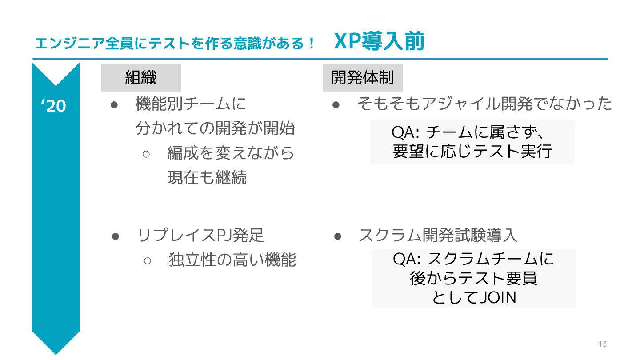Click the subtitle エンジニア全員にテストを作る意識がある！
tap(175, 44)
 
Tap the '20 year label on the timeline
tap(54, 106)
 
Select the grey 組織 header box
tap(141, 78)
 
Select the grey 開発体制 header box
tap(362, 78)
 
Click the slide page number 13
tap(603, 344)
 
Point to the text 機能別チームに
tap(191, 104)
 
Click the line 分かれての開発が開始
tap(215, 128)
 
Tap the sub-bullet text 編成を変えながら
tap(231, 153)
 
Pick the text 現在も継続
tap(207, 177)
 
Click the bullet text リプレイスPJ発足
tap(201, 235)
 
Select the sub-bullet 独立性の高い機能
tap(232, 260)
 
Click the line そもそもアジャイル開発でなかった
tap(484, 104)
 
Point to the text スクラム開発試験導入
tap(438, 235)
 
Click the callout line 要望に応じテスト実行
tap(472, 151)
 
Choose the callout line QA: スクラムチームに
tap(473, 259)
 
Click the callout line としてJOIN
tap(473, 297)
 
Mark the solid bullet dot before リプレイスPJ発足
tap(115, 236)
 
